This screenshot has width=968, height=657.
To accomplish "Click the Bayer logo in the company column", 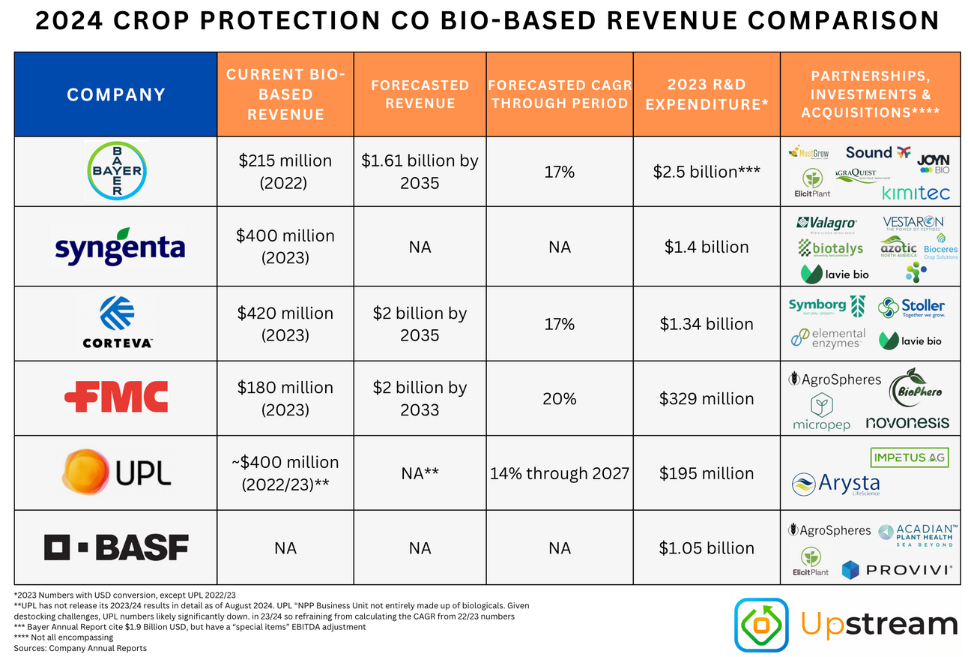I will (115, 171).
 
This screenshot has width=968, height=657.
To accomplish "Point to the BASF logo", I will (116, 548).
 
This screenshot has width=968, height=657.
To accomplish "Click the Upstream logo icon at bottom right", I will (761, 624).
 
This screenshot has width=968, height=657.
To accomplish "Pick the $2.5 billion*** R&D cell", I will (707, 172).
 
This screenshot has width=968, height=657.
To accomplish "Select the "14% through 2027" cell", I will (560, 473).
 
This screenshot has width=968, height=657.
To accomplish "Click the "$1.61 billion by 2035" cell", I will (420, 172).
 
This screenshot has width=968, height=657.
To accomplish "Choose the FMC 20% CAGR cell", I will (560, 398).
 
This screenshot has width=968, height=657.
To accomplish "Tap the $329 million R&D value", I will (707, 398).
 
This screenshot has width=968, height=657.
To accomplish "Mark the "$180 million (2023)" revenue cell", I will (285, 398).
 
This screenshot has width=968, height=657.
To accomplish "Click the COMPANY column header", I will (116, 94).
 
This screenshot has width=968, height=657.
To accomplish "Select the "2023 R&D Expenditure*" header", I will (707, 94).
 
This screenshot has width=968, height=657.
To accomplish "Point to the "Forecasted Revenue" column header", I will (420, 94).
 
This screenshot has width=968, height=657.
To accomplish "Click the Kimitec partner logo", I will (916, 193).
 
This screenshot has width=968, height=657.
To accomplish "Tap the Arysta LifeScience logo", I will (836, 484).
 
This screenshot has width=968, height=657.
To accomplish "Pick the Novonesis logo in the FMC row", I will (907, 423).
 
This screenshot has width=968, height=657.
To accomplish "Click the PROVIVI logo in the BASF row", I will (897, 570).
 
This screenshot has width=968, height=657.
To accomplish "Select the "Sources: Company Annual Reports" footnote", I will (81, 648).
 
